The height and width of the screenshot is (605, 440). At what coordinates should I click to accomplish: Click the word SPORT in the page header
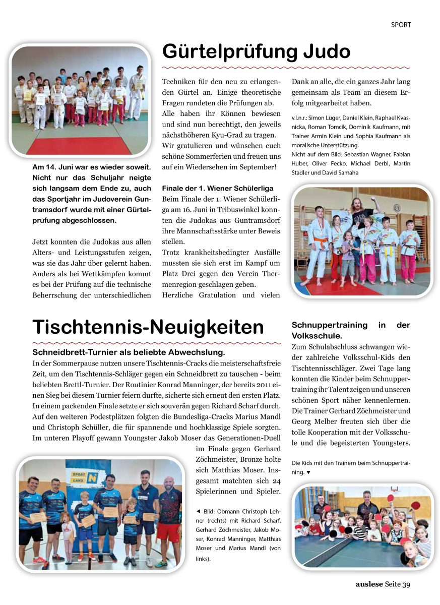(401, 24)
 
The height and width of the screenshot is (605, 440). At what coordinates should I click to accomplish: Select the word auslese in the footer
(369, 584)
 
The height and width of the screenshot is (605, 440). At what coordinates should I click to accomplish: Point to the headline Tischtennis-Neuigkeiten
(148, 327)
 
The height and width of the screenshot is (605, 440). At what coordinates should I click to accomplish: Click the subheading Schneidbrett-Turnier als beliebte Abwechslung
(129, 352)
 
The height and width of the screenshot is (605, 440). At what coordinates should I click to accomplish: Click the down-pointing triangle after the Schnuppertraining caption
(308, 472)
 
